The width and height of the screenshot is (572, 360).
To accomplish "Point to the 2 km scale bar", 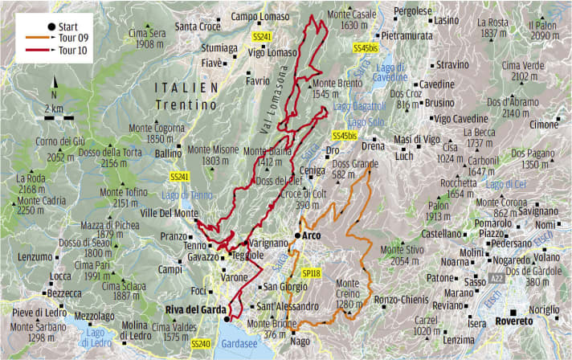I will [x=54, y=117].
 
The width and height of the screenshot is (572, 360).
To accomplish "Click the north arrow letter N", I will [x=54, y=83].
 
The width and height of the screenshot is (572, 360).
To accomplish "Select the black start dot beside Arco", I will [x=296, y=235].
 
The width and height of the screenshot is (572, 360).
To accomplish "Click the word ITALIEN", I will [x=190, y=88].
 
